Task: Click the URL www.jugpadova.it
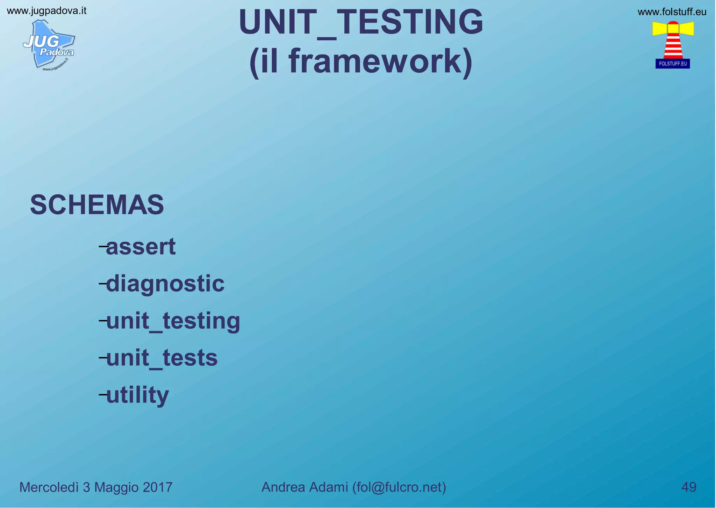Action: (x=46, y=11)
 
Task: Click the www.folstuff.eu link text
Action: (x=672, y=12)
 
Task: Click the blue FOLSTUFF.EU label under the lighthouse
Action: (x=673, y=64)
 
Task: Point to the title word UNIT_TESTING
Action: (x=361, y=22)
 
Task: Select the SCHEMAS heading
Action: (x=97, y=205)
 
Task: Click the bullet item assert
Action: (x=141, y=247)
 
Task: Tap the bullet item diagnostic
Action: (x=165, y=284)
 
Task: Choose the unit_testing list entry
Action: (x=173, y=321)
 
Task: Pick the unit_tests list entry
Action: (x=162, y=358)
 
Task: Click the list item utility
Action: (x=137, y=395)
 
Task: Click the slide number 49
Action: (x=689, y=487)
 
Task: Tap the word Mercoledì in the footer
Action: (x=49, y=487)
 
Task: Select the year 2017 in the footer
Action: (x=157, y=487)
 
